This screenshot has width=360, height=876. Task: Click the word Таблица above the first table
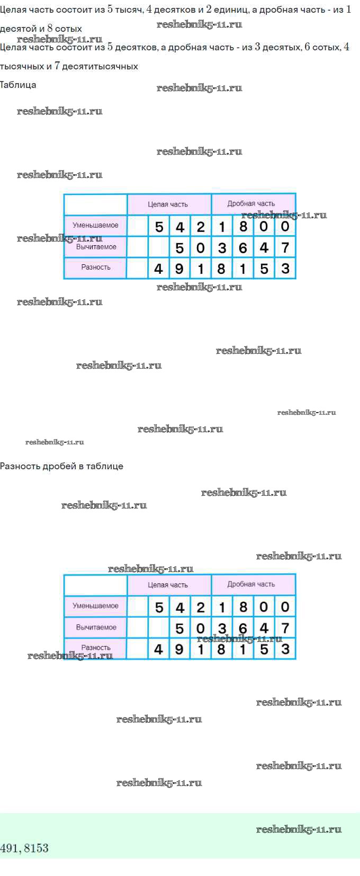[x=18, y=85]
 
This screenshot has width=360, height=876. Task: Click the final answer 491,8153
[x=24, y=848]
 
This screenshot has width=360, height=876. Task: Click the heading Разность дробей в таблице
[x=61, y=466]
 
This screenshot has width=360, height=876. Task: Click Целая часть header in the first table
[x=168, y=204]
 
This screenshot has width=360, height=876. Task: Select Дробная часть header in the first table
[x=251, y=204]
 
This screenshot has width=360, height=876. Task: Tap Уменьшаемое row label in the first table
[x=95, y=225]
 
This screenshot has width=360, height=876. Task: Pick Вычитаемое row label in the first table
[x=96, y=247]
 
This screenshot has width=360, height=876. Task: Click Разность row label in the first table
[x=96, y=267]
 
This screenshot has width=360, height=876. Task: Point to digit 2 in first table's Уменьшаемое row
[x=201, y=227]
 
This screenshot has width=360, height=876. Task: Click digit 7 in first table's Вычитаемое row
[x=285, y=248]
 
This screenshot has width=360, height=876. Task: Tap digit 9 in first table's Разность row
[x=179, y=269]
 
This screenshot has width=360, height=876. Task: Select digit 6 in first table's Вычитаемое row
[x=243, y=248]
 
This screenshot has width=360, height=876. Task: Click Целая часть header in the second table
[x=168, y=585]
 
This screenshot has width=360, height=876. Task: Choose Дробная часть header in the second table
[x=251, y=584]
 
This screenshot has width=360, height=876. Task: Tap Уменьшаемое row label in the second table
[x=95, y=606]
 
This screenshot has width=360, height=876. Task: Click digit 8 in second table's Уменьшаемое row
[x=243, y=607]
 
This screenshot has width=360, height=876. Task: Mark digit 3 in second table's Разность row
[x=285, y=649]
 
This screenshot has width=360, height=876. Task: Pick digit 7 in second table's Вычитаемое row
[x=285, y=628]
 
